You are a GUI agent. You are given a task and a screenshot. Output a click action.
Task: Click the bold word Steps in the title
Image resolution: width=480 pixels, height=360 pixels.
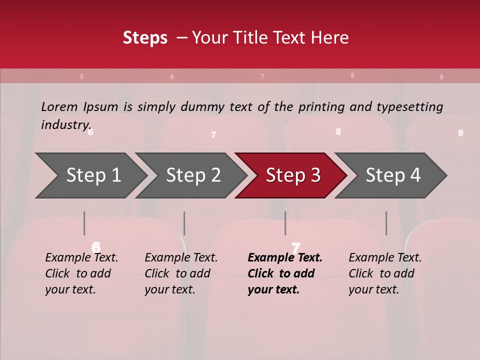click(x=145, y=38)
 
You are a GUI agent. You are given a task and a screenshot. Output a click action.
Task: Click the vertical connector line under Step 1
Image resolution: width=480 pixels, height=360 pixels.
click(x=84, y=223)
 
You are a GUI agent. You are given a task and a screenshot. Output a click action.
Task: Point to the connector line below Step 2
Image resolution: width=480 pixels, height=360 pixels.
click(x=184, y=223)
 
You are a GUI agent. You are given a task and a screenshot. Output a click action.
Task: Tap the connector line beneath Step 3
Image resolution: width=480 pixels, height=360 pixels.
click(x=285, y=223)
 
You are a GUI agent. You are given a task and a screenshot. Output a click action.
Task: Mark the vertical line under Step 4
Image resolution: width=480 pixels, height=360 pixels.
click(x=386, y=223)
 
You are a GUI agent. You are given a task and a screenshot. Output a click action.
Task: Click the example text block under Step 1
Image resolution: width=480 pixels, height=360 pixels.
click(x=81, y=273)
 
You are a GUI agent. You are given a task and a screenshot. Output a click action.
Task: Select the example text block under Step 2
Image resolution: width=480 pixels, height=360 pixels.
click(x=181, y=273)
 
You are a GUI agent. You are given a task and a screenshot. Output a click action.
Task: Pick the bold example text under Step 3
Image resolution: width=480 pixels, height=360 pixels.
click(x=285, y=273)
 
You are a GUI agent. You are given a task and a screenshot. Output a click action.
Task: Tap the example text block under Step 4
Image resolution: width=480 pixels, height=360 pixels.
click(x=385, y=273)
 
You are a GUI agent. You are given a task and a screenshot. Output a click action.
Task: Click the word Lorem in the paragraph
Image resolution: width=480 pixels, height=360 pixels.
click(x=59, y=106)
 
